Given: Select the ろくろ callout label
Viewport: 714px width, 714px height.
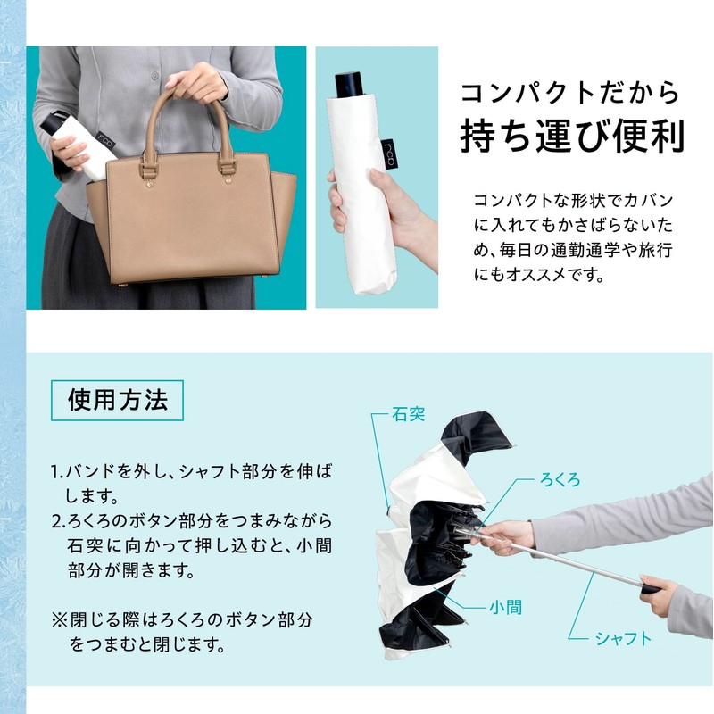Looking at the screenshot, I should click(560, 479).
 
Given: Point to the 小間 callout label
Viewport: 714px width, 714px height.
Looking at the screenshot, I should click(505, 609).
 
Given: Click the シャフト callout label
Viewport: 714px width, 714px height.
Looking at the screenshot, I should click(624, 637).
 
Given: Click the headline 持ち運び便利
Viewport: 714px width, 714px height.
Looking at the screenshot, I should click(571, 136).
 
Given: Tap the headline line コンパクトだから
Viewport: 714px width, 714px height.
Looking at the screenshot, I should click(571, 93).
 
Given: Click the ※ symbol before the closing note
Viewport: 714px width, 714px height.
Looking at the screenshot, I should click(58, 618).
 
